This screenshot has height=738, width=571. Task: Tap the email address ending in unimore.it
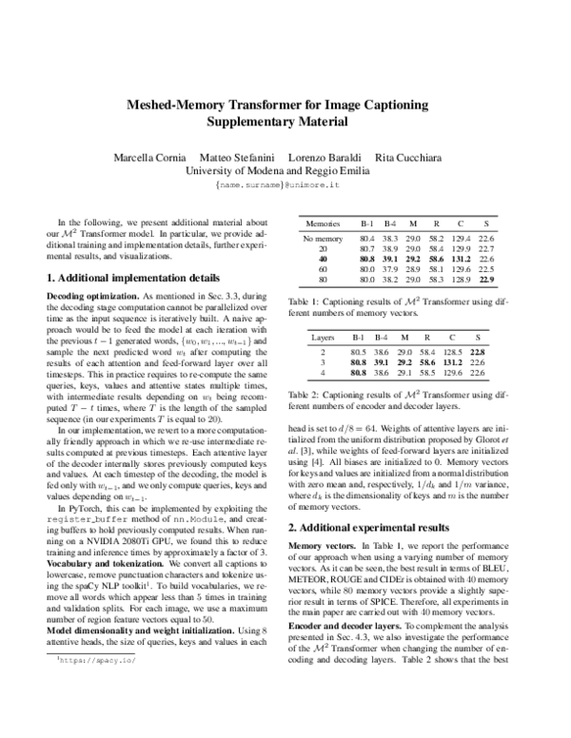coord(285,186)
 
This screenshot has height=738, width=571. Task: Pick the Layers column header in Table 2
coord(319,337)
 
